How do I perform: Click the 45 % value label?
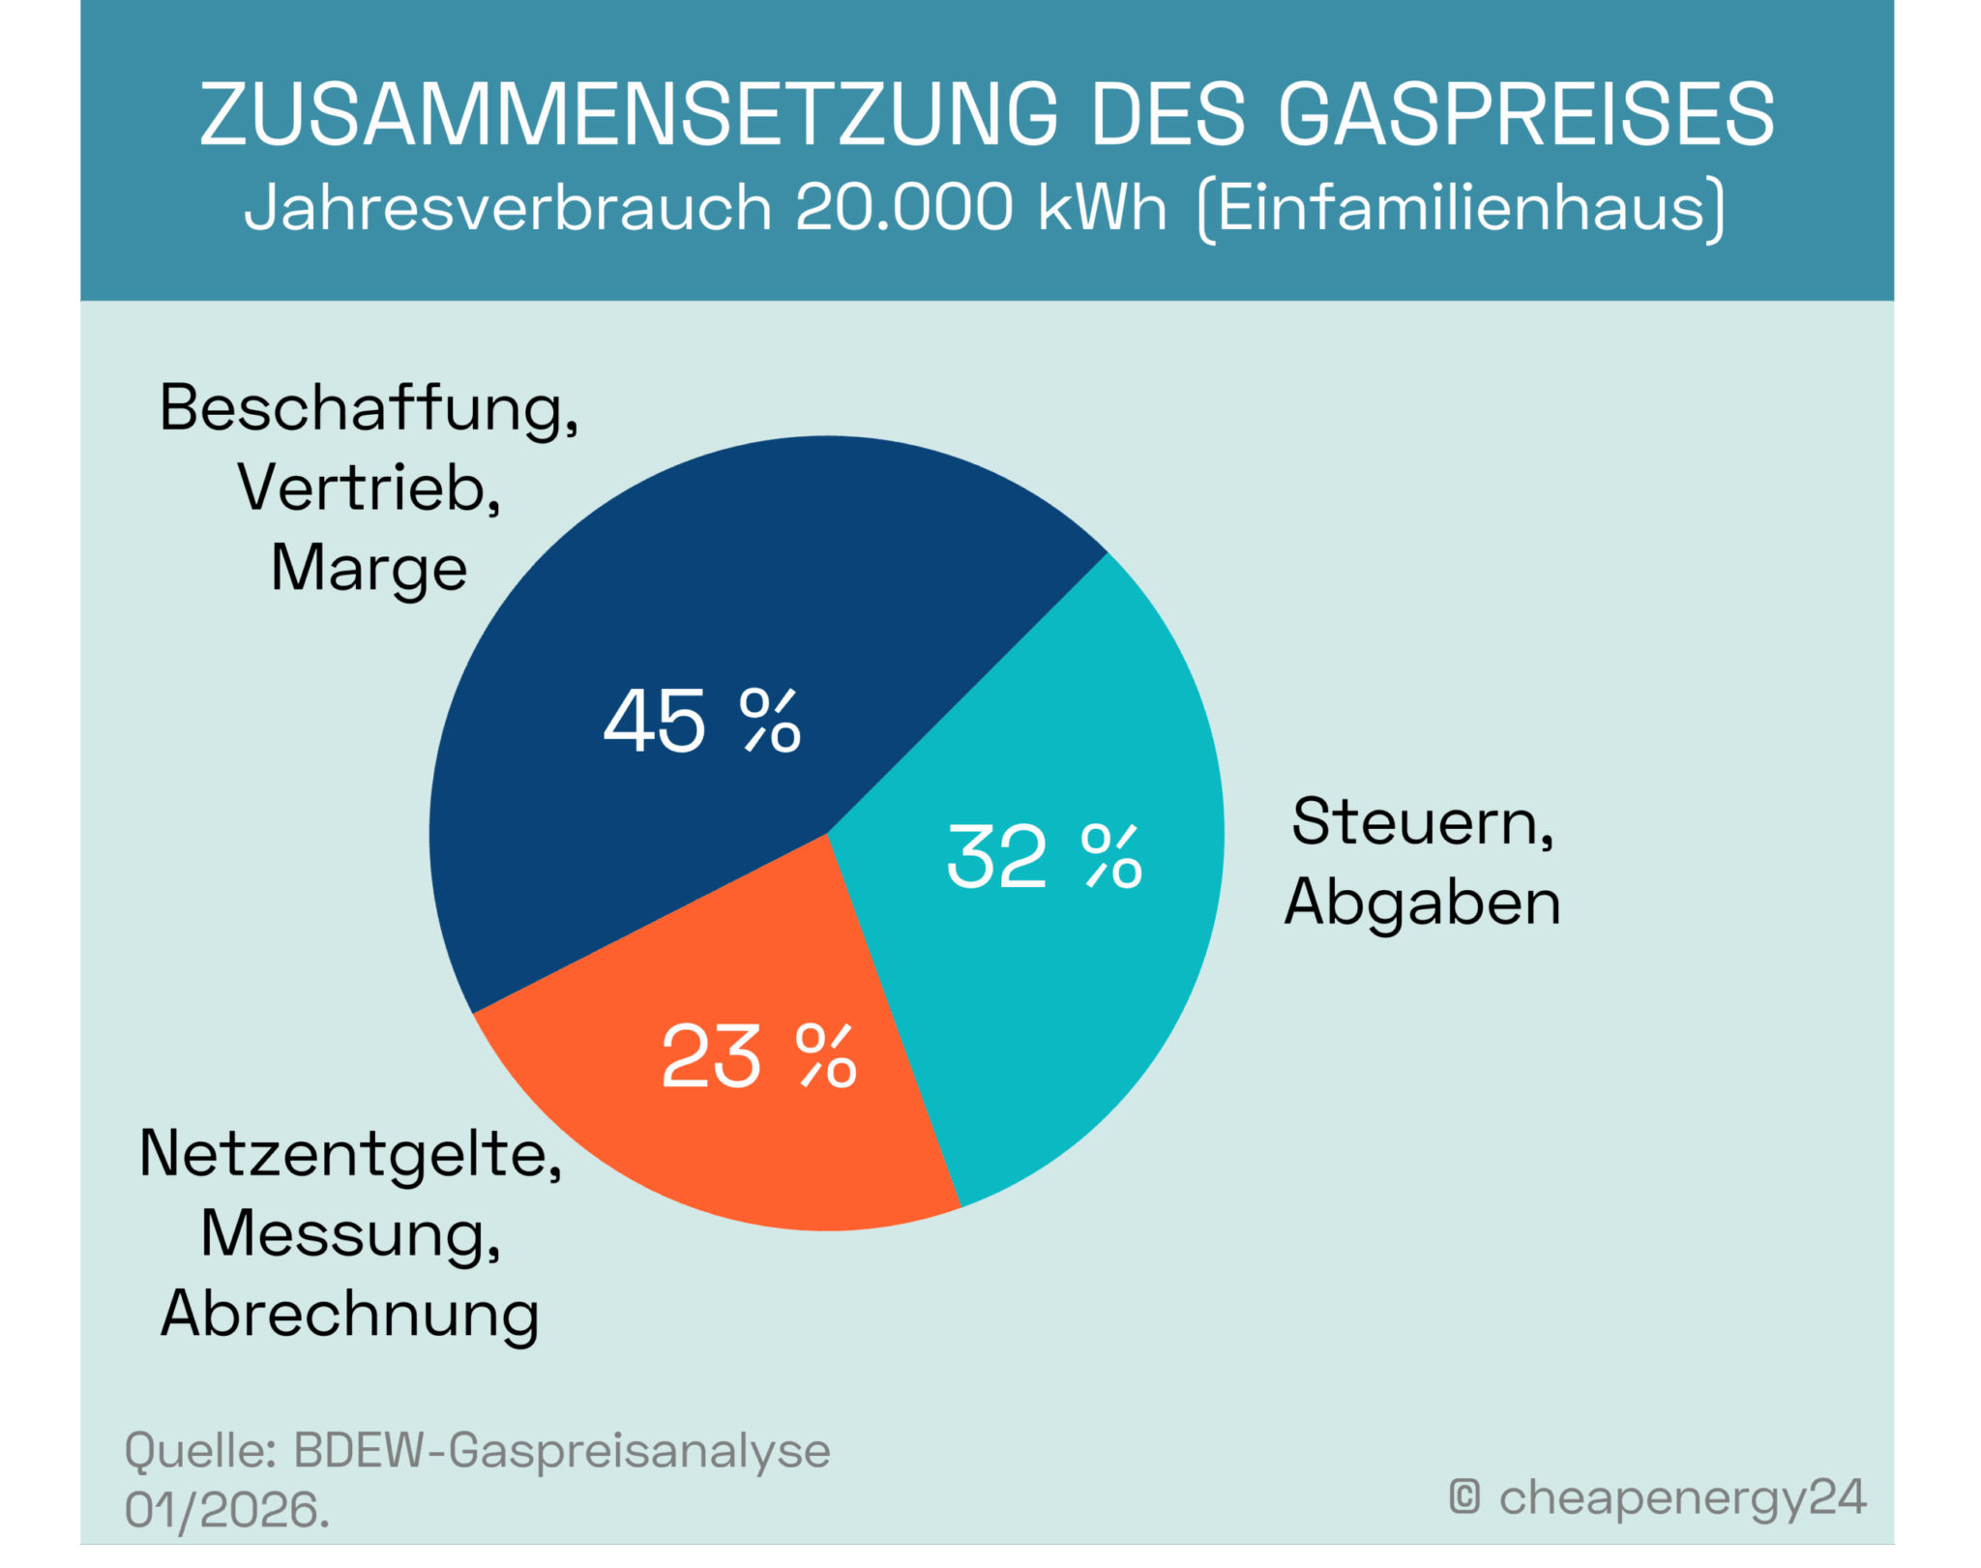(702, 722)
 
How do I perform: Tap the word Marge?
(369, 569)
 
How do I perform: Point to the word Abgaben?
(1422, 902)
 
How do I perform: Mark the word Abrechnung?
(349, 1315)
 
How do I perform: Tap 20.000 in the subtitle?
(903, 207)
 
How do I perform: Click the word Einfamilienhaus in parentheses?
(1461, 207)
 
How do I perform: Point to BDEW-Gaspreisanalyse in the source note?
(561, 1450)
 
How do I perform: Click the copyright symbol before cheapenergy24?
(1464, 1496)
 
